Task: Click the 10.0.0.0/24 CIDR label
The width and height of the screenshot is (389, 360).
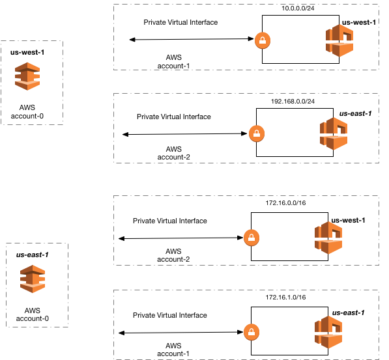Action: pos(298,8)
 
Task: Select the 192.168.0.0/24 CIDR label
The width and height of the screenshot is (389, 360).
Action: pos(293,101)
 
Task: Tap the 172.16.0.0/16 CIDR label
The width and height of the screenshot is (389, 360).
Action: pos(285,203)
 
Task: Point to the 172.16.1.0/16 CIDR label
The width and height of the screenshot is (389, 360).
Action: pos(285,297)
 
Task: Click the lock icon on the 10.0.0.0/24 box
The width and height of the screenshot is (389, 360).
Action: pos(263,40)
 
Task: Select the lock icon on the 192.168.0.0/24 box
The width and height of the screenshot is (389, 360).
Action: pos(257,133)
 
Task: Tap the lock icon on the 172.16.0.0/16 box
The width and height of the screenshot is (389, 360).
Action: pos(252,238)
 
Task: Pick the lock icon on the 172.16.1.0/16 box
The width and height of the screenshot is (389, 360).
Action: pos(252,332)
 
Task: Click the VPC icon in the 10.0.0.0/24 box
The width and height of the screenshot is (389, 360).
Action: pos(339,40)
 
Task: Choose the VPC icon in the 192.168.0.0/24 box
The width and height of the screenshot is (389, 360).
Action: pos(334,133)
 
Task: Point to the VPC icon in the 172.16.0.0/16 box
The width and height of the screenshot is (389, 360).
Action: pos(328,238)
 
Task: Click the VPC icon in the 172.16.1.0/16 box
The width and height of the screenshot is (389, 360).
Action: pos(328,332)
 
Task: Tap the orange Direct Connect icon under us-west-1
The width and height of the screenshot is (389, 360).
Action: pos(27,76)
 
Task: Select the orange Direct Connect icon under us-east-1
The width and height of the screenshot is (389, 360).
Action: pos(33,279)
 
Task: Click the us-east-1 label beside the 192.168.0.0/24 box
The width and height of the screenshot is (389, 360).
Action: pos(356,113)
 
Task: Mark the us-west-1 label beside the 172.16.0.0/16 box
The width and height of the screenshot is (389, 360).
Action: pos(348,220)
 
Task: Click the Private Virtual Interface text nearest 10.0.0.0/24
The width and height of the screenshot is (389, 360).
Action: pos(180,22)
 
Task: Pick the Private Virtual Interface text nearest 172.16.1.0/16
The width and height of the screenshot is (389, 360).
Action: pos(170,315)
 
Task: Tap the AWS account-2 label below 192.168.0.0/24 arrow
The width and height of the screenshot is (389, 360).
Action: pos(174,153)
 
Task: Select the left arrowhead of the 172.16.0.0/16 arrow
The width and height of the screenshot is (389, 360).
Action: pos(122,238)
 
